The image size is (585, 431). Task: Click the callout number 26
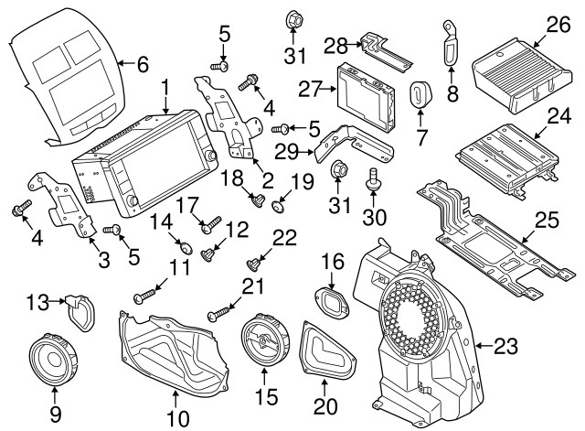pyautogui.click(x=558, y=24)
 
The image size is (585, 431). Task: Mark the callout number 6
pyautogui.click(x=141, y=65)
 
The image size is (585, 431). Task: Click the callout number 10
pyautogui.click(x=176, y=420)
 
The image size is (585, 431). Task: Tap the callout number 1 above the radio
pyautogui.click(x=165, y=89)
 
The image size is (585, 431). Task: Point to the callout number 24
pyautogui.click(x=558, y=115)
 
